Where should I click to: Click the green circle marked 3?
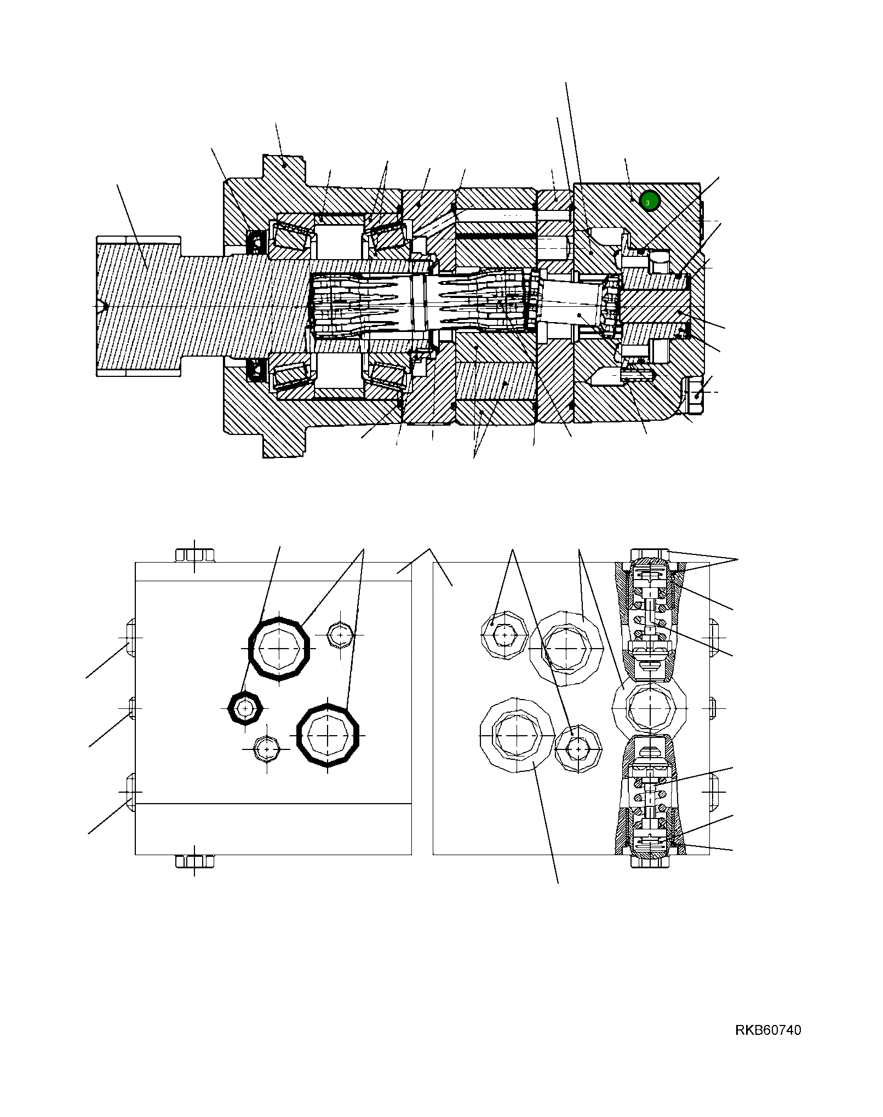tap(649, 202)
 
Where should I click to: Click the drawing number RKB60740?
tap(768, 1030)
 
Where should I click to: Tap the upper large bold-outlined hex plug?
tap(279, 649)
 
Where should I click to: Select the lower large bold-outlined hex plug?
tap(328, 735)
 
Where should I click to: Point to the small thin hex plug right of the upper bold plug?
tap(340, 635)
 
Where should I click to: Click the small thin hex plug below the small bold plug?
tap(267, 749)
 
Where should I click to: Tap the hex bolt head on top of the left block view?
tap(194, 555)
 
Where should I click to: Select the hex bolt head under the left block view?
tap(194, 861)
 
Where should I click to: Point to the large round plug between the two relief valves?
tap(649, 708)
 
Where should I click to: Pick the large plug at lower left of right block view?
tap(517, 735)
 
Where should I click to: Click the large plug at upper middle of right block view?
tap(566, 648)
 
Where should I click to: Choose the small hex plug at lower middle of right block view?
tap(578, 748)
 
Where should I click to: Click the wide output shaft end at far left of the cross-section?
tap(138, 306)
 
